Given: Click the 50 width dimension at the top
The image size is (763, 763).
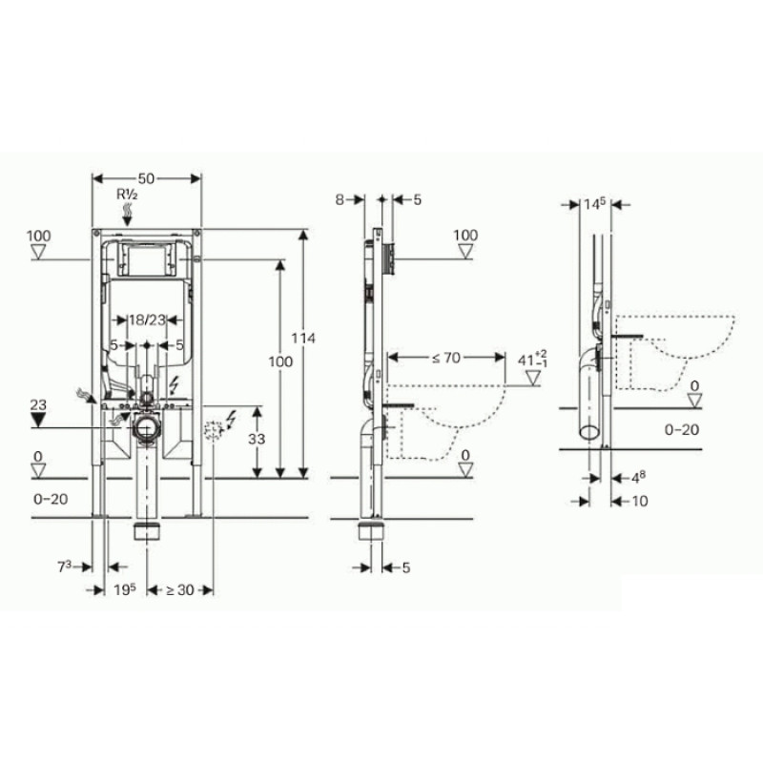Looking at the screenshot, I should coord(146,178).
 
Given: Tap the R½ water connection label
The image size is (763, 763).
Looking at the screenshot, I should coord(128,195).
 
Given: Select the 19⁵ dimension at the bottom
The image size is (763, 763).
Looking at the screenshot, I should coord(119,590).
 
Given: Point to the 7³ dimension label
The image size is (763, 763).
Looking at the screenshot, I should coord(64,567).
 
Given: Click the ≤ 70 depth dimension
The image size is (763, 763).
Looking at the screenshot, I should coord(445,358).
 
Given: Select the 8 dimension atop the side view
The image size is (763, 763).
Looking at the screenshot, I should coord(339,200).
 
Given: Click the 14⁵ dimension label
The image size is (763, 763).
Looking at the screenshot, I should coord(596,203).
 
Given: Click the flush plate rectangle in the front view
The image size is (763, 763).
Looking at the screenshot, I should coord(146,259).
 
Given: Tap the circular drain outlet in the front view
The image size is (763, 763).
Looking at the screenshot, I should coord(146,426).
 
